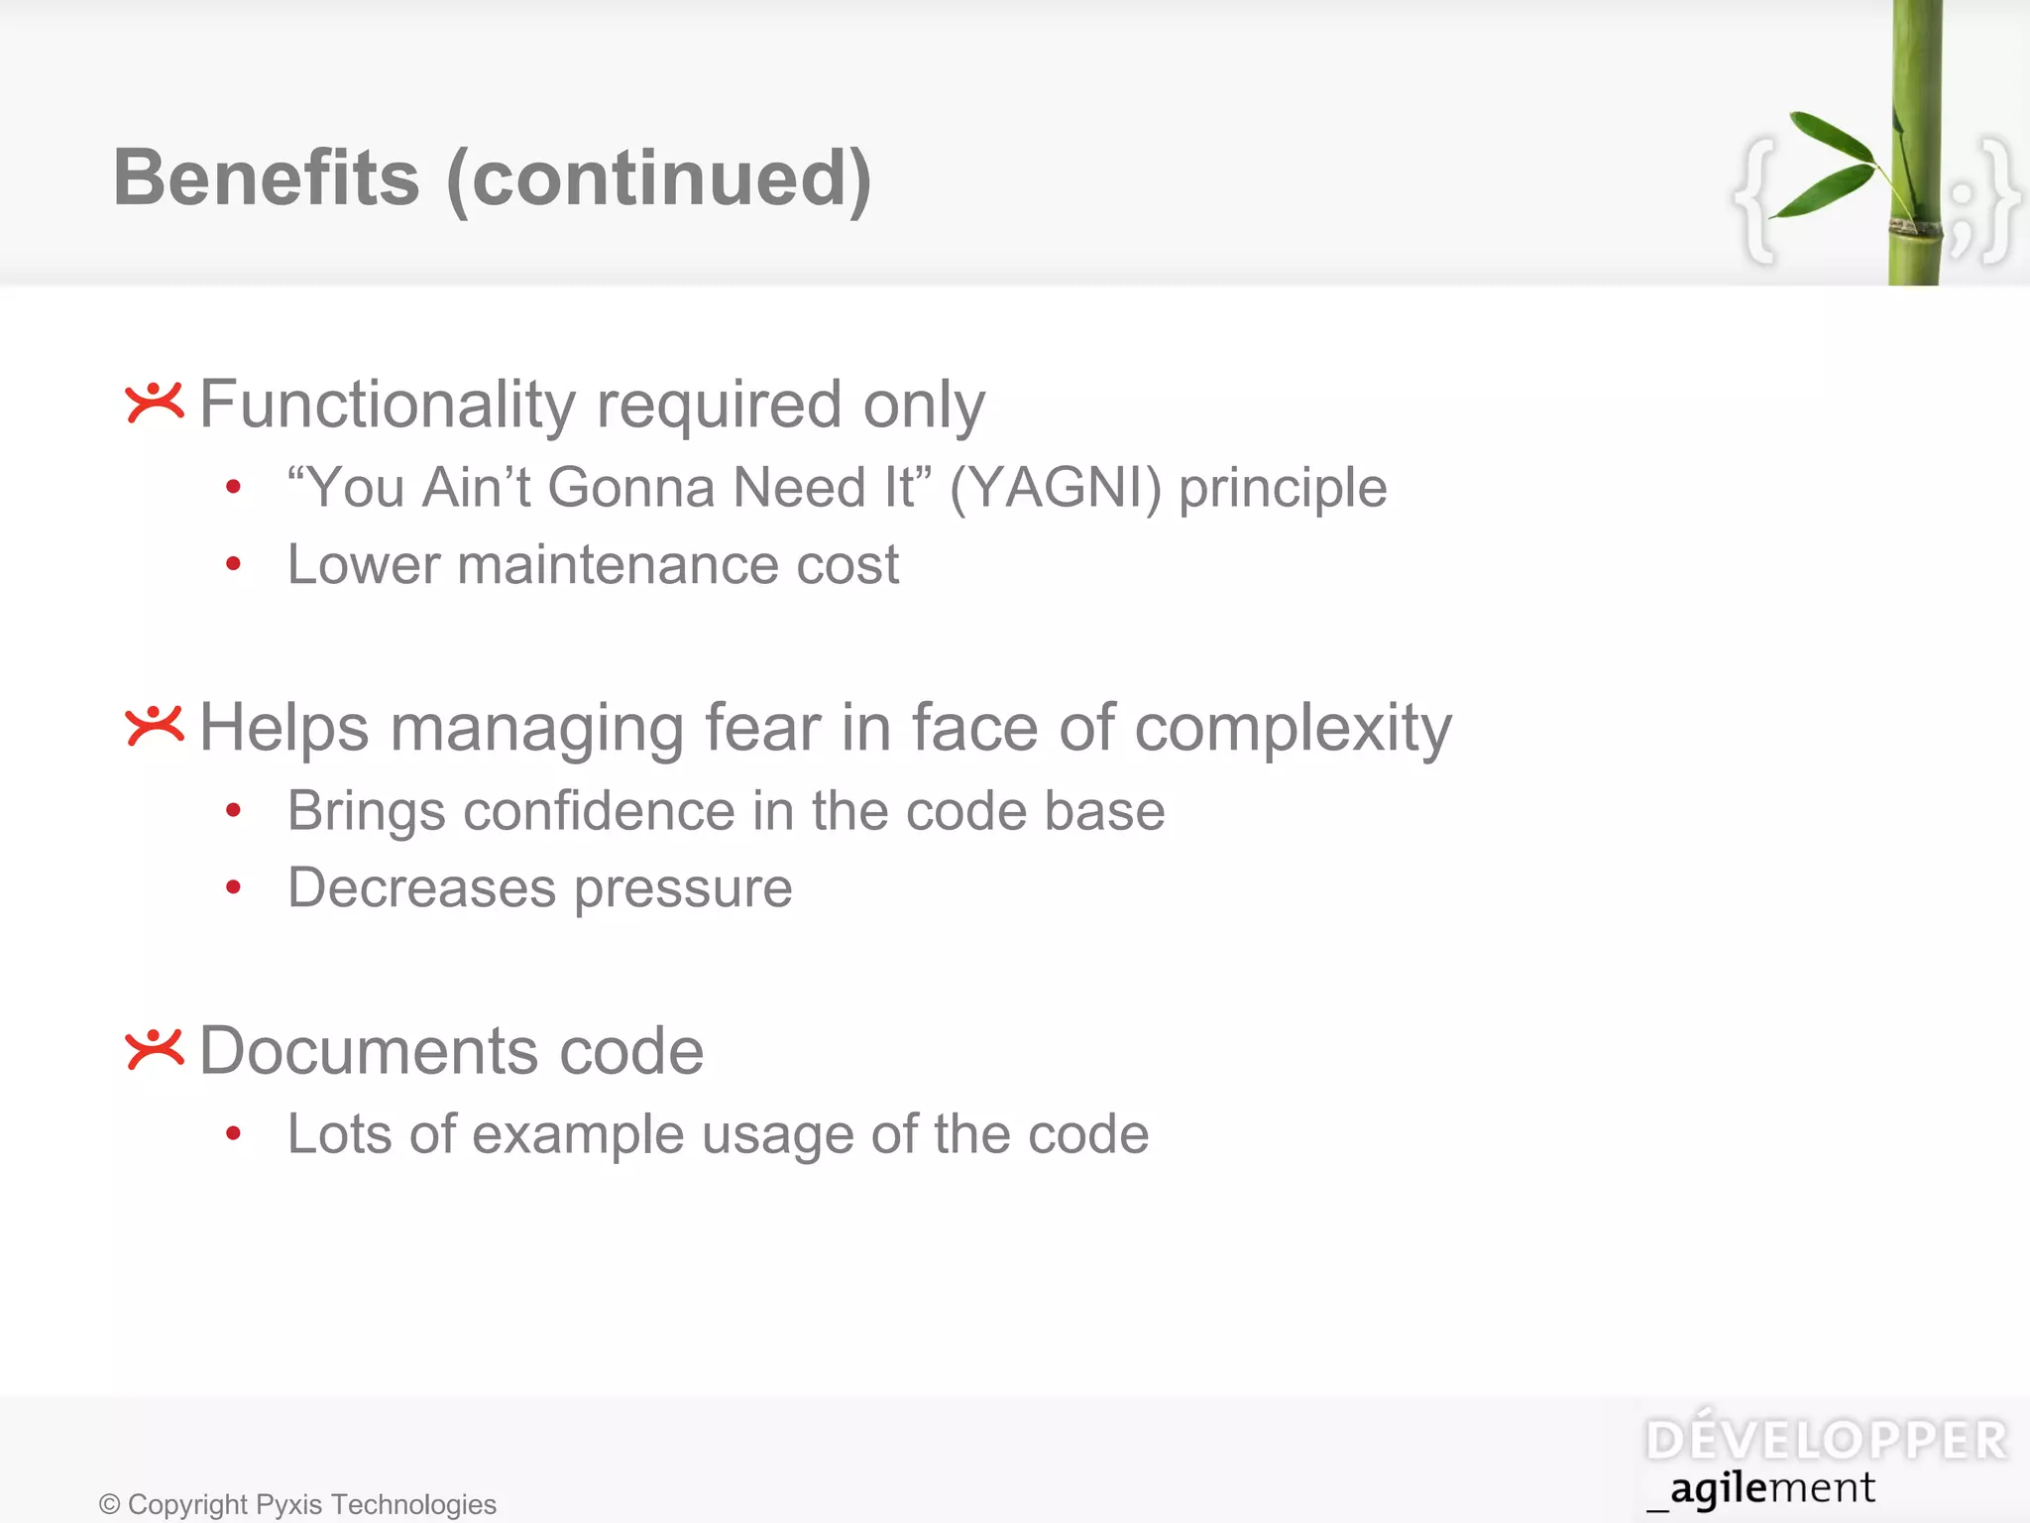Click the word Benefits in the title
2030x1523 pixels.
(266, 178)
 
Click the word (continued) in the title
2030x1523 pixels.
(659, 180)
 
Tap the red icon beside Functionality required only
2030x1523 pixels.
(155, 403)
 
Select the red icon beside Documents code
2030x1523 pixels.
(155, 1049)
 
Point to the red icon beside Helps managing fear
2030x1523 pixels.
(155, 726)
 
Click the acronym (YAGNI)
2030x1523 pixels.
(1055, 488)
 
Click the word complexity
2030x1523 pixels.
(1293, 729)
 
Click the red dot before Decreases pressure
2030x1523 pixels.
(233, 887)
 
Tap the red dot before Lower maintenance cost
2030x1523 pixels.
(233, 564)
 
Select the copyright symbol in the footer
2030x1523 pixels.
(109, 1505)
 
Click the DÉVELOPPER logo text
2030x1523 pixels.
(1826, 1441)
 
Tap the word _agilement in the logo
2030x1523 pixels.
(1761, 1489)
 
